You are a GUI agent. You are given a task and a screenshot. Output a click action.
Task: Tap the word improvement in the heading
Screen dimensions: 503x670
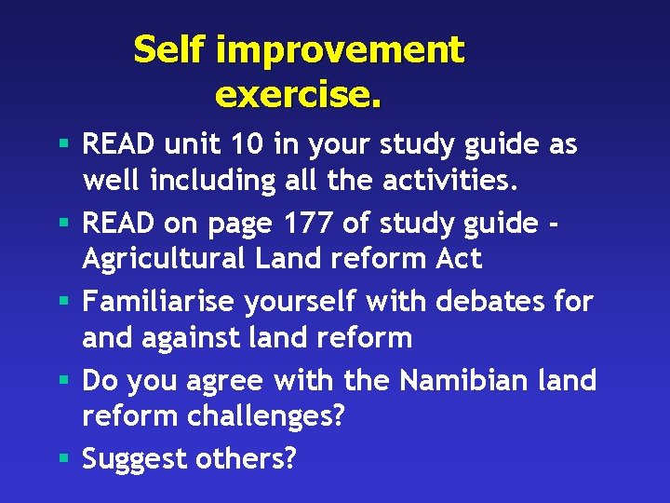point(340,49)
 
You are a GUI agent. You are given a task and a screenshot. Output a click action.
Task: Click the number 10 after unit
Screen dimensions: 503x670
point(248,145)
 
